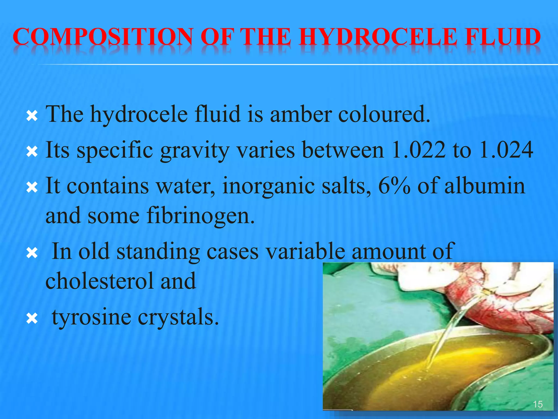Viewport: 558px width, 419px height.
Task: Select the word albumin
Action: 485,186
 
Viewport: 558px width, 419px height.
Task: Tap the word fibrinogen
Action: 201,216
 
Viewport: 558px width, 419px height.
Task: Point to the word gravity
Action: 195,151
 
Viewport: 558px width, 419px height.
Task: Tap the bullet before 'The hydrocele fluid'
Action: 32,117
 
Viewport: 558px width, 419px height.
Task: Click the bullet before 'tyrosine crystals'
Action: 32,318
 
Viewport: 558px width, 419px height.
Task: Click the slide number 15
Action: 538,404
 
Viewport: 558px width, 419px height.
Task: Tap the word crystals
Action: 178,317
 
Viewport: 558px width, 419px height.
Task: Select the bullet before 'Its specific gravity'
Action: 32,152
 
